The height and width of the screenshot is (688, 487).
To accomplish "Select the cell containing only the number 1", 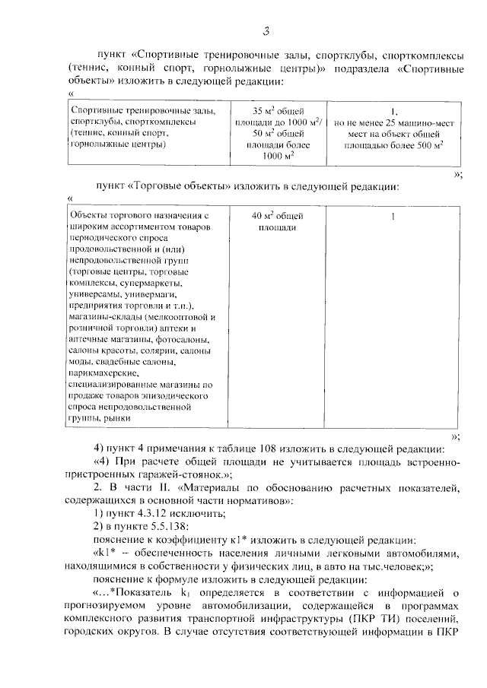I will click(393, 217).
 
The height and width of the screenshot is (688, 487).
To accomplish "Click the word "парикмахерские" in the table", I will click(103, 373).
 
